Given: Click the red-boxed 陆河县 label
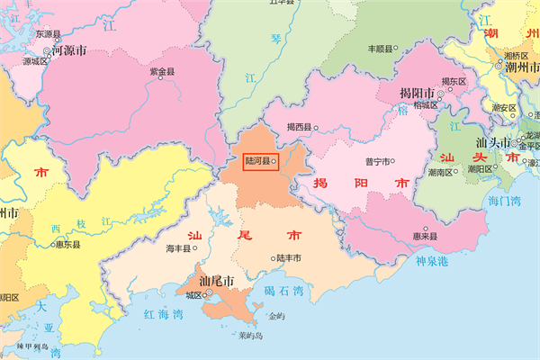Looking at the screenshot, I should tap(258, 161).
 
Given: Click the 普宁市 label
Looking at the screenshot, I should tap(376, 162).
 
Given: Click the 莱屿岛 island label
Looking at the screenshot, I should tap(244, 336).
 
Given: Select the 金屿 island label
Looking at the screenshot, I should tap(276, 317).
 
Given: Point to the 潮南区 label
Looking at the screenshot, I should tap(442, 170).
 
